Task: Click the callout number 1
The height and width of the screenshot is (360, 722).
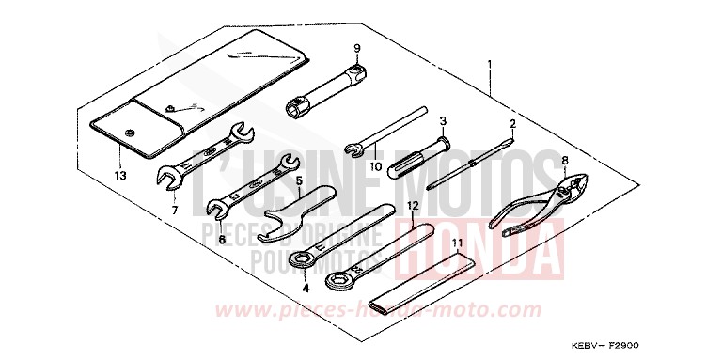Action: (x=489, y=65)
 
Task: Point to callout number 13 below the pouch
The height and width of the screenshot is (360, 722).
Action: (x=119, y=175)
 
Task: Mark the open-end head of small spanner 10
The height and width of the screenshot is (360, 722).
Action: (x=354, y=148)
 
